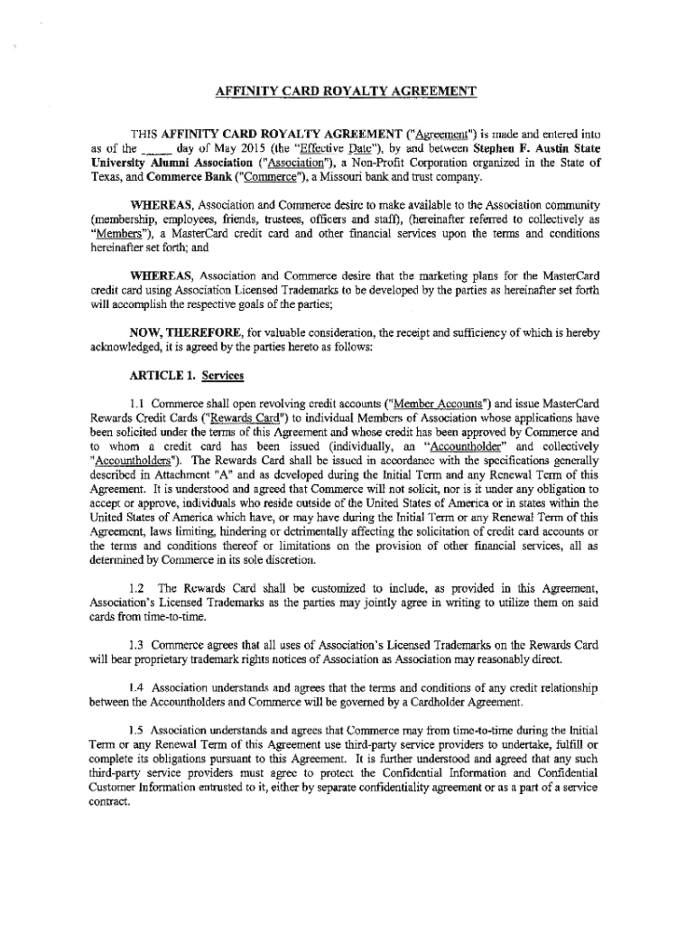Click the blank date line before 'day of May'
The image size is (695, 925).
[157, 146]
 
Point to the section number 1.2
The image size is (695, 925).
[140, 589]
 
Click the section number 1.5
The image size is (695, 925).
[140, 729]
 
